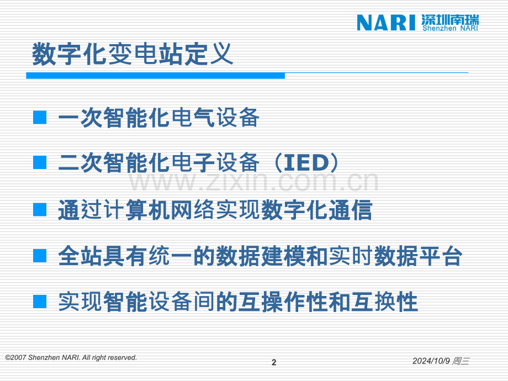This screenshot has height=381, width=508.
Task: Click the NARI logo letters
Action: pos(386,23)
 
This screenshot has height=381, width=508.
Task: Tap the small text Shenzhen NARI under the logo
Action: pos(451,28)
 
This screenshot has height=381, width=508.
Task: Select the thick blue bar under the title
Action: pos(156,76)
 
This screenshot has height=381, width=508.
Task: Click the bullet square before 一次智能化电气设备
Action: pos(40,118)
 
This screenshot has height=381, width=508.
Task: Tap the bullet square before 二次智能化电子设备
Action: pos(40,162)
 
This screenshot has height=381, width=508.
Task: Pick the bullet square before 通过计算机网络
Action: pos(40,210)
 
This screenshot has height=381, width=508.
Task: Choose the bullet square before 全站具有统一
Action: pos(40,256)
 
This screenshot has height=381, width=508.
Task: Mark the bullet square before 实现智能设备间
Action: pos(40,301)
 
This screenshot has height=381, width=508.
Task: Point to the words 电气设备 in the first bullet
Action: pos(215,117)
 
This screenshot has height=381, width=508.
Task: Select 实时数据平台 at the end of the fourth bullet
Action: pos(395,256)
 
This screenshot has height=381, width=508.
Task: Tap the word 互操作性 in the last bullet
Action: pos(283,302)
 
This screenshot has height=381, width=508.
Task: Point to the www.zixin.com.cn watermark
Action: pos(253,182)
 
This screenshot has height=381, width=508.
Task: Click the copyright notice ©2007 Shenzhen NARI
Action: pos(71,358)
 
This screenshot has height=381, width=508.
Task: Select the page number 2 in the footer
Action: pos(274,362)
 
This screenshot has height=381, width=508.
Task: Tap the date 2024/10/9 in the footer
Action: pos(431,361)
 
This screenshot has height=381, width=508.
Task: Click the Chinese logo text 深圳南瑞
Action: pos(450,19)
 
